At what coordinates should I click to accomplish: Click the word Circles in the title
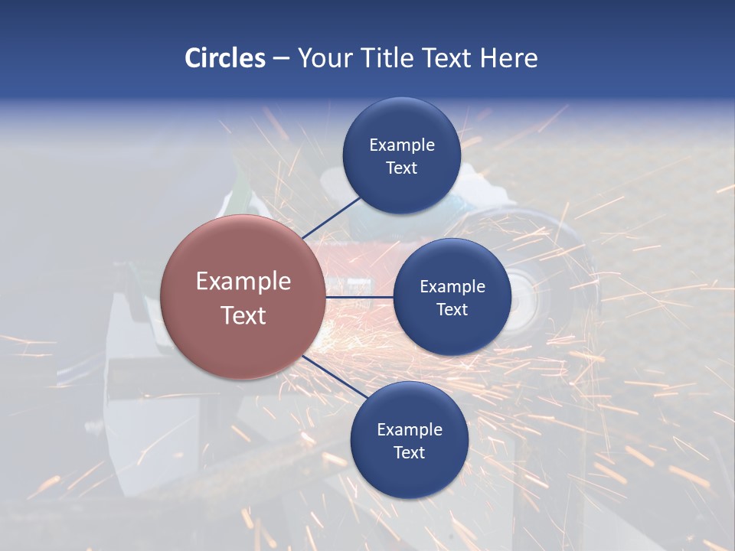224,58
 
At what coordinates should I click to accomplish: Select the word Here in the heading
509,58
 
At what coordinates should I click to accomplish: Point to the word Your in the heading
325,58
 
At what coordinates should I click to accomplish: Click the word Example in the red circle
243,282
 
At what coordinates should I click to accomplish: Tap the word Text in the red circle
243,315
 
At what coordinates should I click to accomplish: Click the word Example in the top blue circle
401,145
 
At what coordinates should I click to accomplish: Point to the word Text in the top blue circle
401,168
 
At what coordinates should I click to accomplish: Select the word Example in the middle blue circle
452,286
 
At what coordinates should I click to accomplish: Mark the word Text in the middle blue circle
452,309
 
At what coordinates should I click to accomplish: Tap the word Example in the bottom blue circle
409,429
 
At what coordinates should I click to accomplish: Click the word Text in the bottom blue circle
409,452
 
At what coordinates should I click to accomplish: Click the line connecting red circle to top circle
332,217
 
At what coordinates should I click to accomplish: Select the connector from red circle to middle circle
359,297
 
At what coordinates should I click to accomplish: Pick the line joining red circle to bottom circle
333,379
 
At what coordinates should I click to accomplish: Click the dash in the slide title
281,59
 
